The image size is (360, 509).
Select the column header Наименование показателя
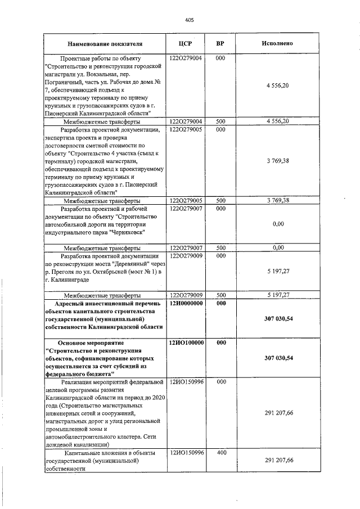tap(105, 43)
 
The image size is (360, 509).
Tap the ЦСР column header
tap(185, 43)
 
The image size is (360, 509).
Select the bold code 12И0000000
tap(186, 303)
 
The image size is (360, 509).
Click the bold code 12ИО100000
tap(186, 342)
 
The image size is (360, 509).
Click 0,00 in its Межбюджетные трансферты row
tap(277, 247)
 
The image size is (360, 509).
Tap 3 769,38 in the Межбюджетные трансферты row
tap(277, 200)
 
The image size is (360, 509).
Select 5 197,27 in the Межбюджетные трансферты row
tap(277, 295)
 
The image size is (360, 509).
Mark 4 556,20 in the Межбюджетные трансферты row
tap(277, 121)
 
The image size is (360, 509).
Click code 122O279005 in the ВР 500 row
tap(186, 200)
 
